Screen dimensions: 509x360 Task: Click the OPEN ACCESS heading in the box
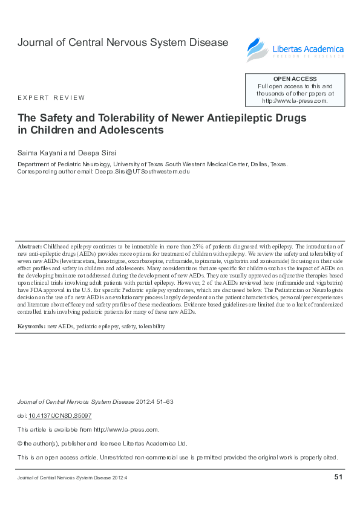(295, 79)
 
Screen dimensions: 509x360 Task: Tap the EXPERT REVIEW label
(51, 97)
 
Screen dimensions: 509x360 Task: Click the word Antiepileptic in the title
(233, 117)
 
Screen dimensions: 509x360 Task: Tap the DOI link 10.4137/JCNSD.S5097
(60, 415)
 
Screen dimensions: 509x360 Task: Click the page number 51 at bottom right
(338, 478)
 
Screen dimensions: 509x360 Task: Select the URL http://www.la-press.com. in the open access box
(295, 101)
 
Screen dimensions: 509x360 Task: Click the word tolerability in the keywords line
(151, 326)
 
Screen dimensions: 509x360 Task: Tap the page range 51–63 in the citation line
(165, 402)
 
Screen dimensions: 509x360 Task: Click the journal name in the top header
(123, 42)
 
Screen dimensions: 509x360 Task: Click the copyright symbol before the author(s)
(21, 443)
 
